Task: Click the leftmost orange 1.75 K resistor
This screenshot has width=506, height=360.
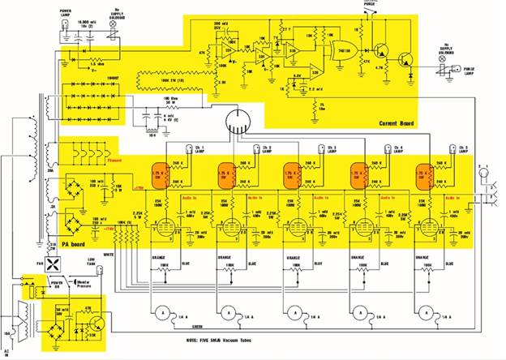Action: click(159, 175)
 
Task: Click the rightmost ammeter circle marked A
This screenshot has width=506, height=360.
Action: click(428, 313)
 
